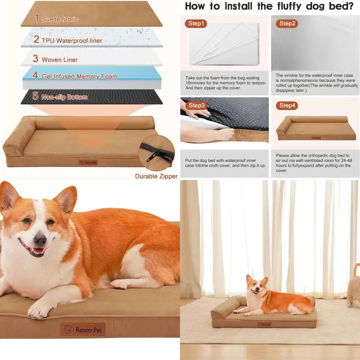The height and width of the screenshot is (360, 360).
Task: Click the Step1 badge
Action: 196,24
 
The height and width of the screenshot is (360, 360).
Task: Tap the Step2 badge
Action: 287,24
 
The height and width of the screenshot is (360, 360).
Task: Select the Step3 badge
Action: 197,105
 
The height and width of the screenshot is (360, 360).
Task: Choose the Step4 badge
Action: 287,105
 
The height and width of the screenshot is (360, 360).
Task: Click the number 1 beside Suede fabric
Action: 37,18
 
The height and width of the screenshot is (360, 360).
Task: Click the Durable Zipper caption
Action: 156,176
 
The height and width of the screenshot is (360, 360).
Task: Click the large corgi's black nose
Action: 40,239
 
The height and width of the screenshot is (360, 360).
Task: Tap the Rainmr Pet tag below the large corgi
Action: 82,329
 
